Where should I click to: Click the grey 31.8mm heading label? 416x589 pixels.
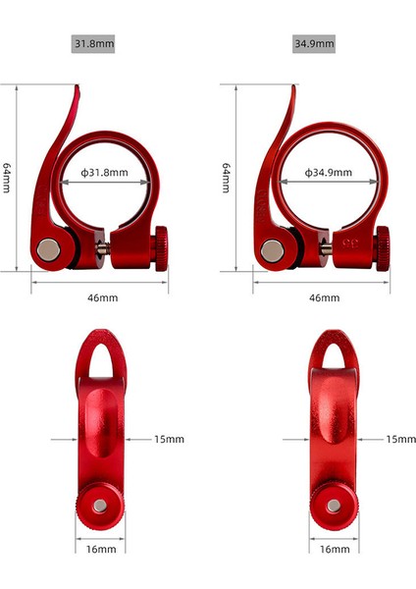tap(93, 43)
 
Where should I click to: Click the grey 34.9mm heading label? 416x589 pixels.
tap(314, 43)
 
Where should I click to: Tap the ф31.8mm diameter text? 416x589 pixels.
tap(104, 173)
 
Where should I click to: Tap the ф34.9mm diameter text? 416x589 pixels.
tap(328, 173)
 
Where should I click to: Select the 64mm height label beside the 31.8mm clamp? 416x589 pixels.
tap(7, 178)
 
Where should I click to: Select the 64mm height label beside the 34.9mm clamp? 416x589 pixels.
tap(226, 178)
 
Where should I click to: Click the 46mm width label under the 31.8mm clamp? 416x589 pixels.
tap(102, 297)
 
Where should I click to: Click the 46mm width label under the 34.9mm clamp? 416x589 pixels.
tap(325, 297)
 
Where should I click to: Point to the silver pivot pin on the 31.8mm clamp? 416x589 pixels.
tap(49, 249)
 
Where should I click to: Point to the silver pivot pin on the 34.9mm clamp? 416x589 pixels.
tap(273, 251)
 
